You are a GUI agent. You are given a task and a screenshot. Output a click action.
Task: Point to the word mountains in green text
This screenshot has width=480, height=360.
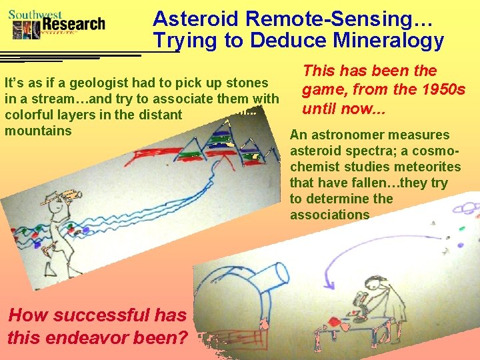38,131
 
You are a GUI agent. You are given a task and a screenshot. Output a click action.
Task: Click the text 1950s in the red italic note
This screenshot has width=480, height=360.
436,89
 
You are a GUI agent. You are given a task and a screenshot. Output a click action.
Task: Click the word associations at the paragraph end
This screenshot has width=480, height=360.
329,215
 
